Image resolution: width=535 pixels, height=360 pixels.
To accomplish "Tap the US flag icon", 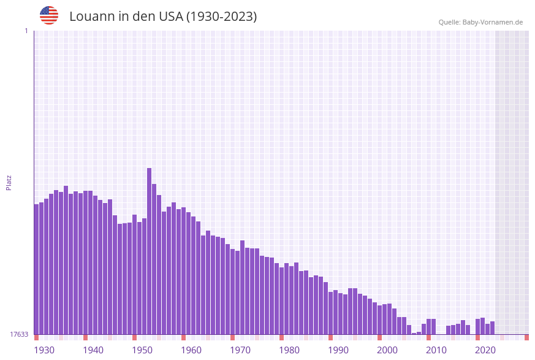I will point(49,15).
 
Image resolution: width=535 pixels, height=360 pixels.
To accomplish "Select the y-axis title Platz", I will point(9,182).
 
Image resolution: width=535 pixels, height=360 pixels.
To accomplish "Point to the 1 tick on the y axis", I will point(26,31).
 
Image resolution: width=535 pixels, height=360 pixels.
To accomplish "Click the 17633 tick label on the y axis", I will point(18,334).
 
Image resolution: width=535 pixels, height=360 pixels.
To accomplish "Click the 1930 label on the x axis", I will point(44,350).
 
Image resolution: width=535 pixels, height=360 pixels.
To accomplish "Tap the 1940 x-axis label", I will point(93,350).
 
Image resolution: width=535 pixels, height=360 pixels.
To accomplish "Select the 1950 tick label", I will point(142,350).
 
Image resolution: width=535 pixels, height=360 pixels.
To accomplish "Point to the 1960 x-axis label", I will point(191,350).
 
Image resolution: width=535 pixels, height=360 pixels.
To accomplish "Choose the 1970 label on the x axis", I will point(240,350).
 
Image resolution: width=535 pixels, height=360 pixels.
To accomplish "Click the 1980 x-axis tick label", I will point(289,350).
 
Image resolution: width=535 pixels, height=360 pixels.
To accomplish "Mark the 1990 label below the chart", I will point(338,350).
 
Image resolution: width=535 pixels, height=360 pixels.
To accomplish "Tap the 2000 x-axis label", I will point(387,350).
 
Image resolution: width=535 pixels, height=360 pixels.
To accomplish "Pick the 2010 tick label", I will point(436,350).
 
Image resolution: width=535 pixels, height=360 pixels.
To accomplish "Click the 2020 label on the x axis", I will point(485,350).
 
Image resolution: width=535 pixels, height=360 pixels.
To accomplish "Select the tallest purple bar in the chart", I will point(149,251).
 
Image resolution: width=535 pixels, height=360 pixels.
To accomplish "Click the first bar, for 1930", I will point(36,269).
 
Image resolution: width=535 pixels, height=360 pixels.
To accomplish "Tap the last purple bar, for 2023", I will point(492,328).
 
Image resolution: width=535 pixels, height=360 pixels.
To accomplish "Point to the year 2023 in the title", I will point(238,17).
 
